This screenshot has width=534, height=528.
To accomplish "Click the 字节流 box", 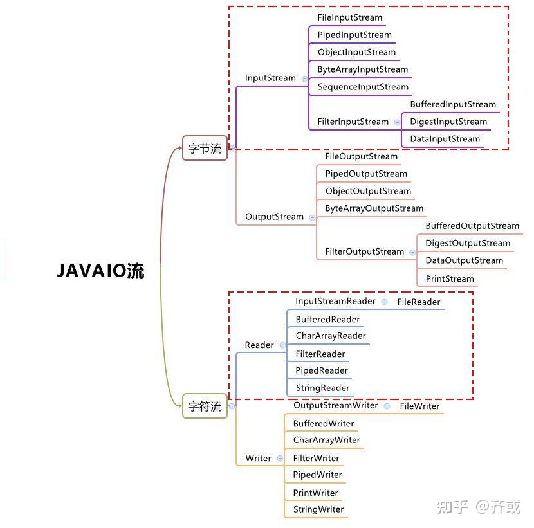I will point(205,149).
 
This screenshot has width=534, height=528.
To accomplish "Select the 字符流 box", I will point(205,406).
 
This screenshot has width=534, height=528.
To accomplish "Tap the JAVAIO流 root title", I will point(101,271).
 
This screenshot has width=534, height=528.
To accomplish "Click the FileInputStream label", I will point(349,17).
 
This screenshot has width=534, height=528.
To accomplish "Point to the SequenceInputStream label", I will point(363,87).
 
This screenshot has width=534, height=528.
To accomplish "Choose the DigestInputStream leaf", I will point(448,122).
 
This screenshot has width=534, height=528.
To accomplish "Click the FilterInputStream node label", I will point(353,122).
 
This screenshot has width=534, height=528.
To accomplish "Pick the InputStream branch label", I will point(270,78).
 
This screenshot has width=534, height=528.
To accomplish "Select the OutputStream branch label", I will point(274,217).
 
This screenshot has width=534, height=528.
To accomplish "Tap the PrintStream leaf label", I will point(450,278).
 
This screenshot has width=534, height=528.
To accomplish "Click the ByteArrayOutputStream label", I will point(374,208).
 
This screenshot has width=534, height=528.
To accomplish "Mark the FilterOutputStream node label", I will point(364,251).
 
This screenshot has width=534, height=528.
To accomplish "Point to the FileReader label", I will point(419,302).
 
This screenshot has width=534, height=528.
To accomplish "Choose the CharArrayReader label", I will point(331,336).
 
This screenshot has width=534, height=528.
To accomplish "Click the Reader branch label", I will point(259,345).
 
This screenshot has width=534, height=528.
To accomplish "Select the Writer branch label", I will point(258,459).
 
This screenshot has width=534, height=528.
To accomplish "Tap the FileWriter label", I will point(419,406).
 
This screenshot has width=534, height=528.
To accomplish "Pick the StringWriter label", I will point(318,509).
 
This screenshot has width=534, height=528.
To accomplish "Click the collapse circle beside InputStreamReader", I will point(384,301).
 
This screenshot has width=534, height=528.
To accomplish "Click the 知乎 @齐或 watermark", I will point(478,507).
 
